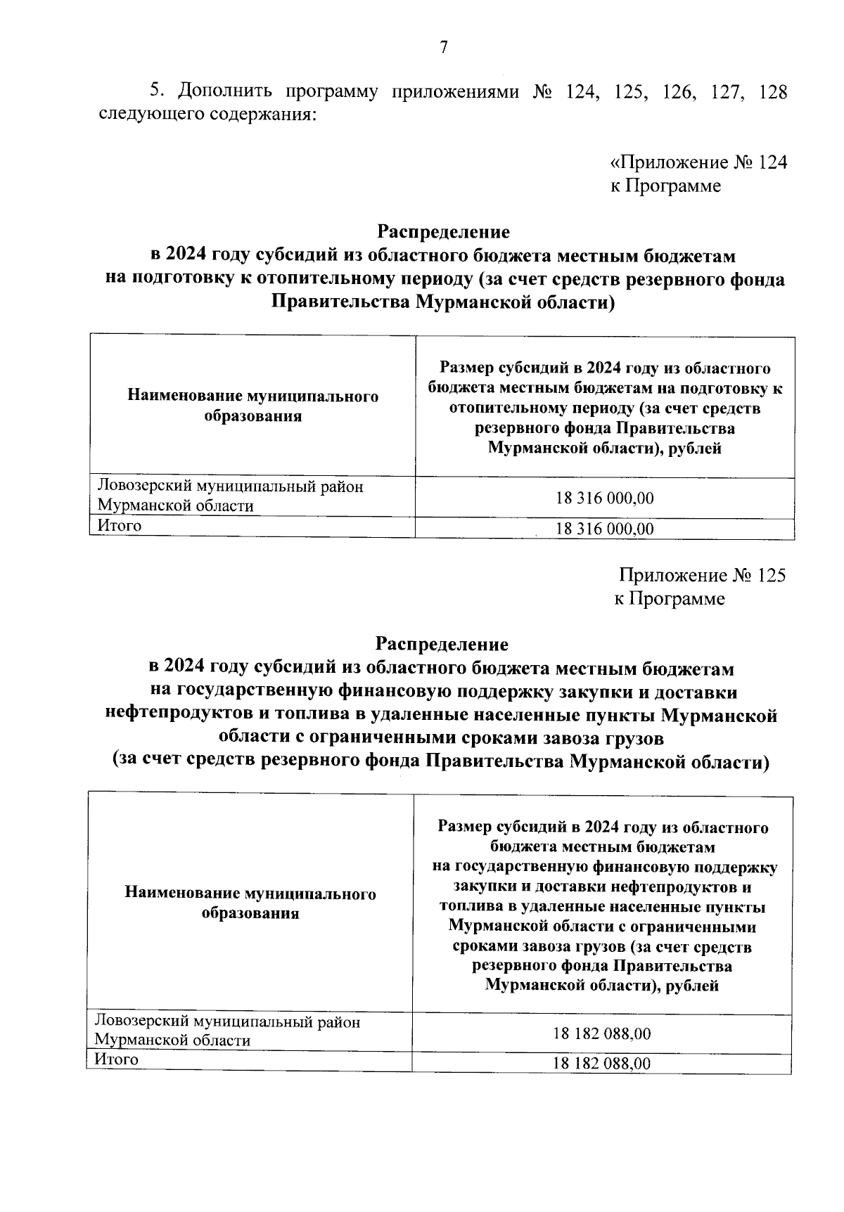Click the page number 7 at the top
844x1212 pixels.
pyautogui.click(x=443, y=48)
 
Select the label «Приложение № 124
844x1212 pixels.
pyautogui.click(x=698, y=163)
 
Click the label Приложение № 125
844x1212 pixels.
pyautogui.click(x=702, y=576)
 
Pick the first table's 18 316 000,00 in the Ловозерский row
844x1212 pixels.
pyautogui.click(x=605, y=498)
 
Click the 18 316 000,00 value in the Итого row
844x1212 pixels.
pyautogui.click(x=605, y=529)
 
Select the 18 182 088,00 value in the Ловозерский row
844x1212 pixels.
pyautogui.click(x=602, y=1033)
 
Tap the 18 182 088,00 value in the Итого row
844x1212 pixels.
pyautogui.click(x=602, y=1063)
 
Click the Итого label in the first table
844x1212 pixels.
pyautogui.click(x=120, y=526)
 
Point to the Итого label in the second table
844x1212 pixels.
pyautogui.click(x=117, y=1059)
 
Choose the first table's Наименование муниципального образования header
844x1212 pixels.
pyautogui.click(x=252, y=406)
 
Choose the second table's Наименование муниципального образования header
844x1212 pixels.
pyautogui.click(x=250, y=903)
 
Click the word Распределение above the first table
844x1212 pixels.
pyautogui.click(x=444, y=231)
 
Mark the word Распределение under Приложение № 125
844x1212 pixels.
pyautogui.click(x=442, y=644)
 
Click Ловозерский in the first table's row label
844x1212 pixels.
pyautogui.click(x=143, y=486)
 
